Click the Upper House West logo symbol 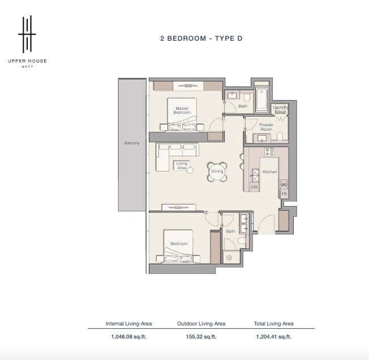coord(27,35)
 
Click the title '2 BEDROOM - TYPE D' coord(201,38)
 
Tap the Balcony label coord(132,143)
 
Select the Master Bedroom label coord(182,110)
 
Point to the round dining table coord(217,172)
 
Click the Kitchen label coord(270,172)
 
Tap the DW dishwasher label coord(254,187)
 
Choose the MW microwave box coord(284,185)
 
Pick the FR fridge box coord(284,194)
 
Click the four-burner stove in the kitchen coord(269,152)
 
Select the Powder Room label coord(266,127)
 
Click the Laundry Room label coord(280,109)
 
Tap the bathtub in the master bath coord(261,100)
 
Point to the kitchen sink coord(255,175)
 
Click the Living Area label coord(182,165)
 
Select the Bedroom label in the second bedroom coord(179,243)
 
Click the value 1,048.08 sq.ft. coord(128,337)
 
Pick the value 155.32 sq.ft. coord(201,337)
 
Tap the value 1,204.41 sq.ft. coord(273,337)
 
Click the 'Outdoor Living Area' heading coord(201,324)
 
